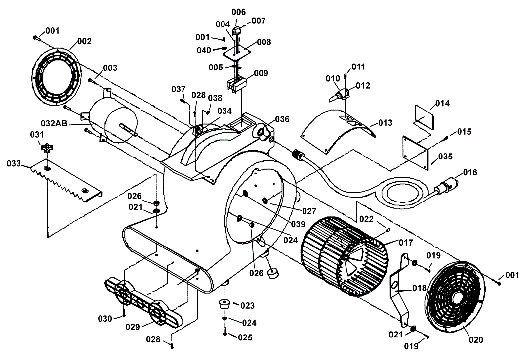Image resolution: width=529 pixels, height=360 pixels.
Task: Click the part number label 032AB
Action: pyautogui.click(x=54, y=123)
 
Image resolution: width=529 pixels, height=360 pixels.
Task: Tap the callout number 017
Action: pyautogui.click(x=406, y=243)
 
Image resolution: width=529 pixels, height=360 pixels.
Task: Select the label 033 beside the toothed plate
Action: pyautogui.click(x=14, y=163)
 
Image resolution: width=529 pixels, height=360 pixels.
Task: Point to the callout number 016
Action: pyautogui.click(x=470, y=172)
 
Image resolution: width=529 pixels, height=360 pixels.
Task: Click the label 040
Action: pyautogui.click(x=204, y=50)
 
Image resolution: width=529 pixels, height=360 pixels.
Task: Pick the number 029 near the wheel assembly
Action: pyautogui.click(x=133, y=327)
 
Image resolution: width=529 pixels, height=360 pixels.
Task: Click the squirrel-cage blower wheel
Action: pyautogui.click(x=345, y=256)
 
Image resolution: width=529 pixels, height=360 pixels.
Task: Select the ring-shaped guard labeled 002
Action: pyautogui.click(x=57, y=77)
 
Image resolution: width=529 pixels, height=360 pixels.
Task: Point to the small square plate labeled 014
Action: pyautogui.click(x=425, y=117)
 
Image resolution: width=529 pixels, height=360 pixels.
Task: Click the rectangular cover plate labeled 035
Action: pyautogui.click(x=416, y=153)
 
